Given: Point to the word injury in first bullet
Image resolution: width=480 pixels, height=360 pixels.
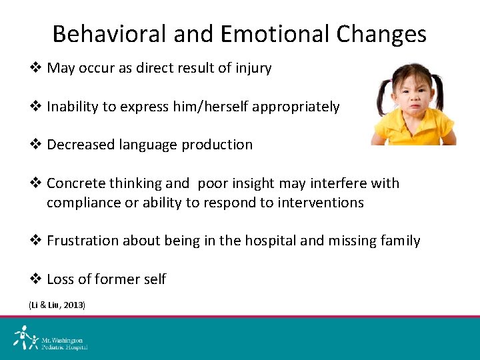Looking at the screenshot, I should click(254, 68).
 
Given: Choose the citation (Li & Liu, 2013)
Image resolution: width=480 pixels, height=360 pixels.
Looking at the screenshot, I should click(57, 305).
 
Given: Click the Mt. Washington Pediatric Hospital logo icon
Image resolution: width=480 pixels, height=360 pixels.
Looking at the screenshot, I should click(25, 338).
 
